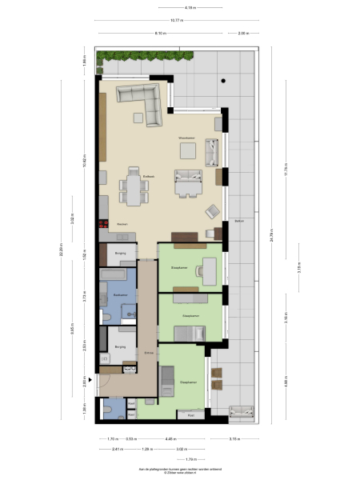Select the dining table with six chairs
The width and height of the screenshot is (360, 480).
pos(133,190)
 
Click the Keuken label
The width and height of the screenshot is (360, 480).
pos(122,224)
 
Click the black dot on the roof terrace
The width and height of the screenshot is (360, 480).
pos(225,82)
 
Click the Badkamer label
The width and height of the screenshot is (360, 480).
pos(120,294)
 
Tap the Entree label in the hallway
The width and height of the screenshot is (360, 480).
pos(148,353)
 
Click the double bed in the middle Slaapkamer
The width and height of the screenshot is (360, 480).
pos(186,330)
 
